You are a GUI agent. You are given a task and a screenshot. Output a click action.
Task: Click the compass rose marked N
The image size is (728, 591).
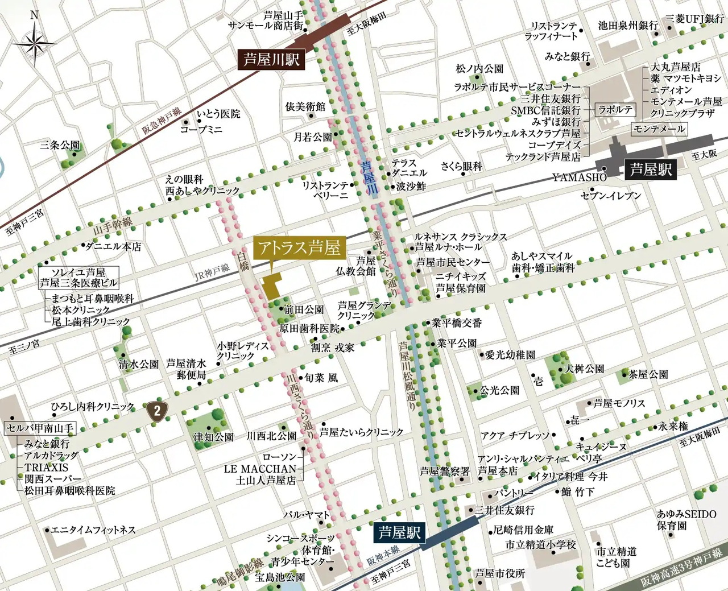point(34,43)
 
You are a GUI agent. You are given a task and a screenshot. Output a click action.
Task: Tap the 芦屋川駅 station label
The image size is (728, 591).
point(271,59)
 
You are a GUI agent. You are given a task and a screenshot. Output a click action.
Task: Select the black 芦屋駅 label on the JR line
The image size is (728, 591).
point(651,170)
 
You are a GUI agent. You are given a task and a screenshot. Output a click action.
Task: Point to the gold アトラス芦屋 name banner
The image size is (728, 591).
point(299,248)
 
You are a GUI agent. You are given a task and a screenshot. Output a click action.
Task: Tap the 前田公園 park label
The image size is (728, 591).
point(304,310)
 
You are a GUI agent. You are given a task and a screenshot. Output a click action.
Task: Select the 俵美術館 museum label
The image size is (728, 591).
point(305,106)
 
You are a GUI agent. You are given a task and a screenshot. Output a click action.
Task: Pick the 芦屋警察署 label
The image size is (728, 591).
point(445,471)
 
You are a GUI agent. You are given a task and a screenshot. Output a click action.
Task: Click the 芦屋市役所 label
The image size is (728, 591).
point(500,573)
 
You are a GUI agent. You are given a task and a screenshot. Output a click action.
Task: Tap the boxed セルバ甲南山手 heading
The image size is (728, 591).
point(40,428)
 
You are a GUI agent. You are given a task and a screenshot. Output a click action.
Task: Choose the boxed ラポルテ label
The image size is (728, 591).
point(615,110)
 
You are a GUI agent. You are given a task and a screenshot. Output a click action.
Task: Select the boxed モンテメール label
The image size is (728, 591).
point(660,129)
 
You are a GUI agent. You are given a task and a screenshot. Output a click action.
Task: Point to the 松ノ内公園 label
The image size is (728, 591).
point(479,69)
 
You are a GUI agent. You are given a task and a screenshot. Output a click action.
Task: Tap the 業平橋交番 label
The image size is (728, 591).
point(457,323)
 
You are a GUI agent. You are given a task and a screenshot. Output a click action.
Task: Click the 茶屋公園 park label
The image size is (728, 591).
point(648,374)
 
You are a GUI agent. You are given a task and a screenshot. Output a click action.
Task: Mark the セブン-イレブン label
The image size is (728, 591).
point(611,196)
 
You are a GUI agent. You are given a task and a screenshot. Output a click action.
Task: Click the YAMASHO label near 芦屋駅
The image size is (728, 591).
point(580,177)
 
